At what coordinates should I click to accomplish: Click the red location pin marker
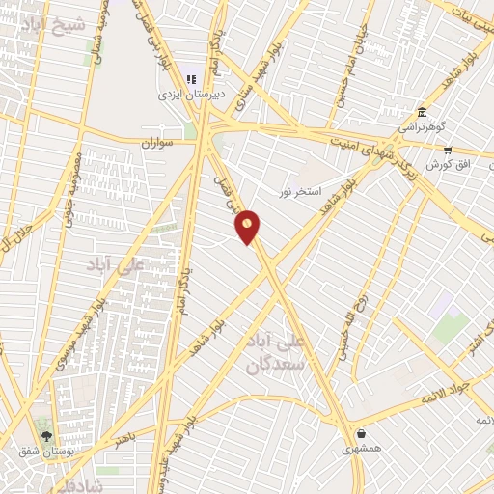pos(248,227)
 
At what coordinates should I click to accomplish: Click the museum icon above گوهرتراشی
pos(422,111)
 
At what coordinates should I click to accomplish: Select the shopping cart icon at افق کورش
pos(448,150)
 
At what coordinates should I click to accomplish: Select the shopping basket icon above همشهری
pos(361,434)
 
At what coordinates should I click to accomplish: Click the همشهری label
pos(361,450)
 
